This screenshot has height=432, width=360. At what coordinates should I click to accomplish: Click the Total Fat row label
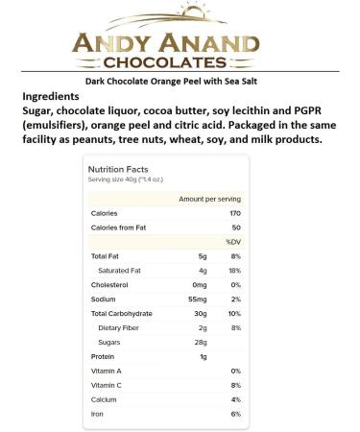[108, 256]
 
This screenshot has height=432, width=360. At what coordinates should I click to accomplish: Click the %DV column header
[232, 242]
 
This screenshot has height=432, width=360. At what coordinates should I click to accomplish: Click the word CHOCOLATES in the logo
[180, 61]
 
